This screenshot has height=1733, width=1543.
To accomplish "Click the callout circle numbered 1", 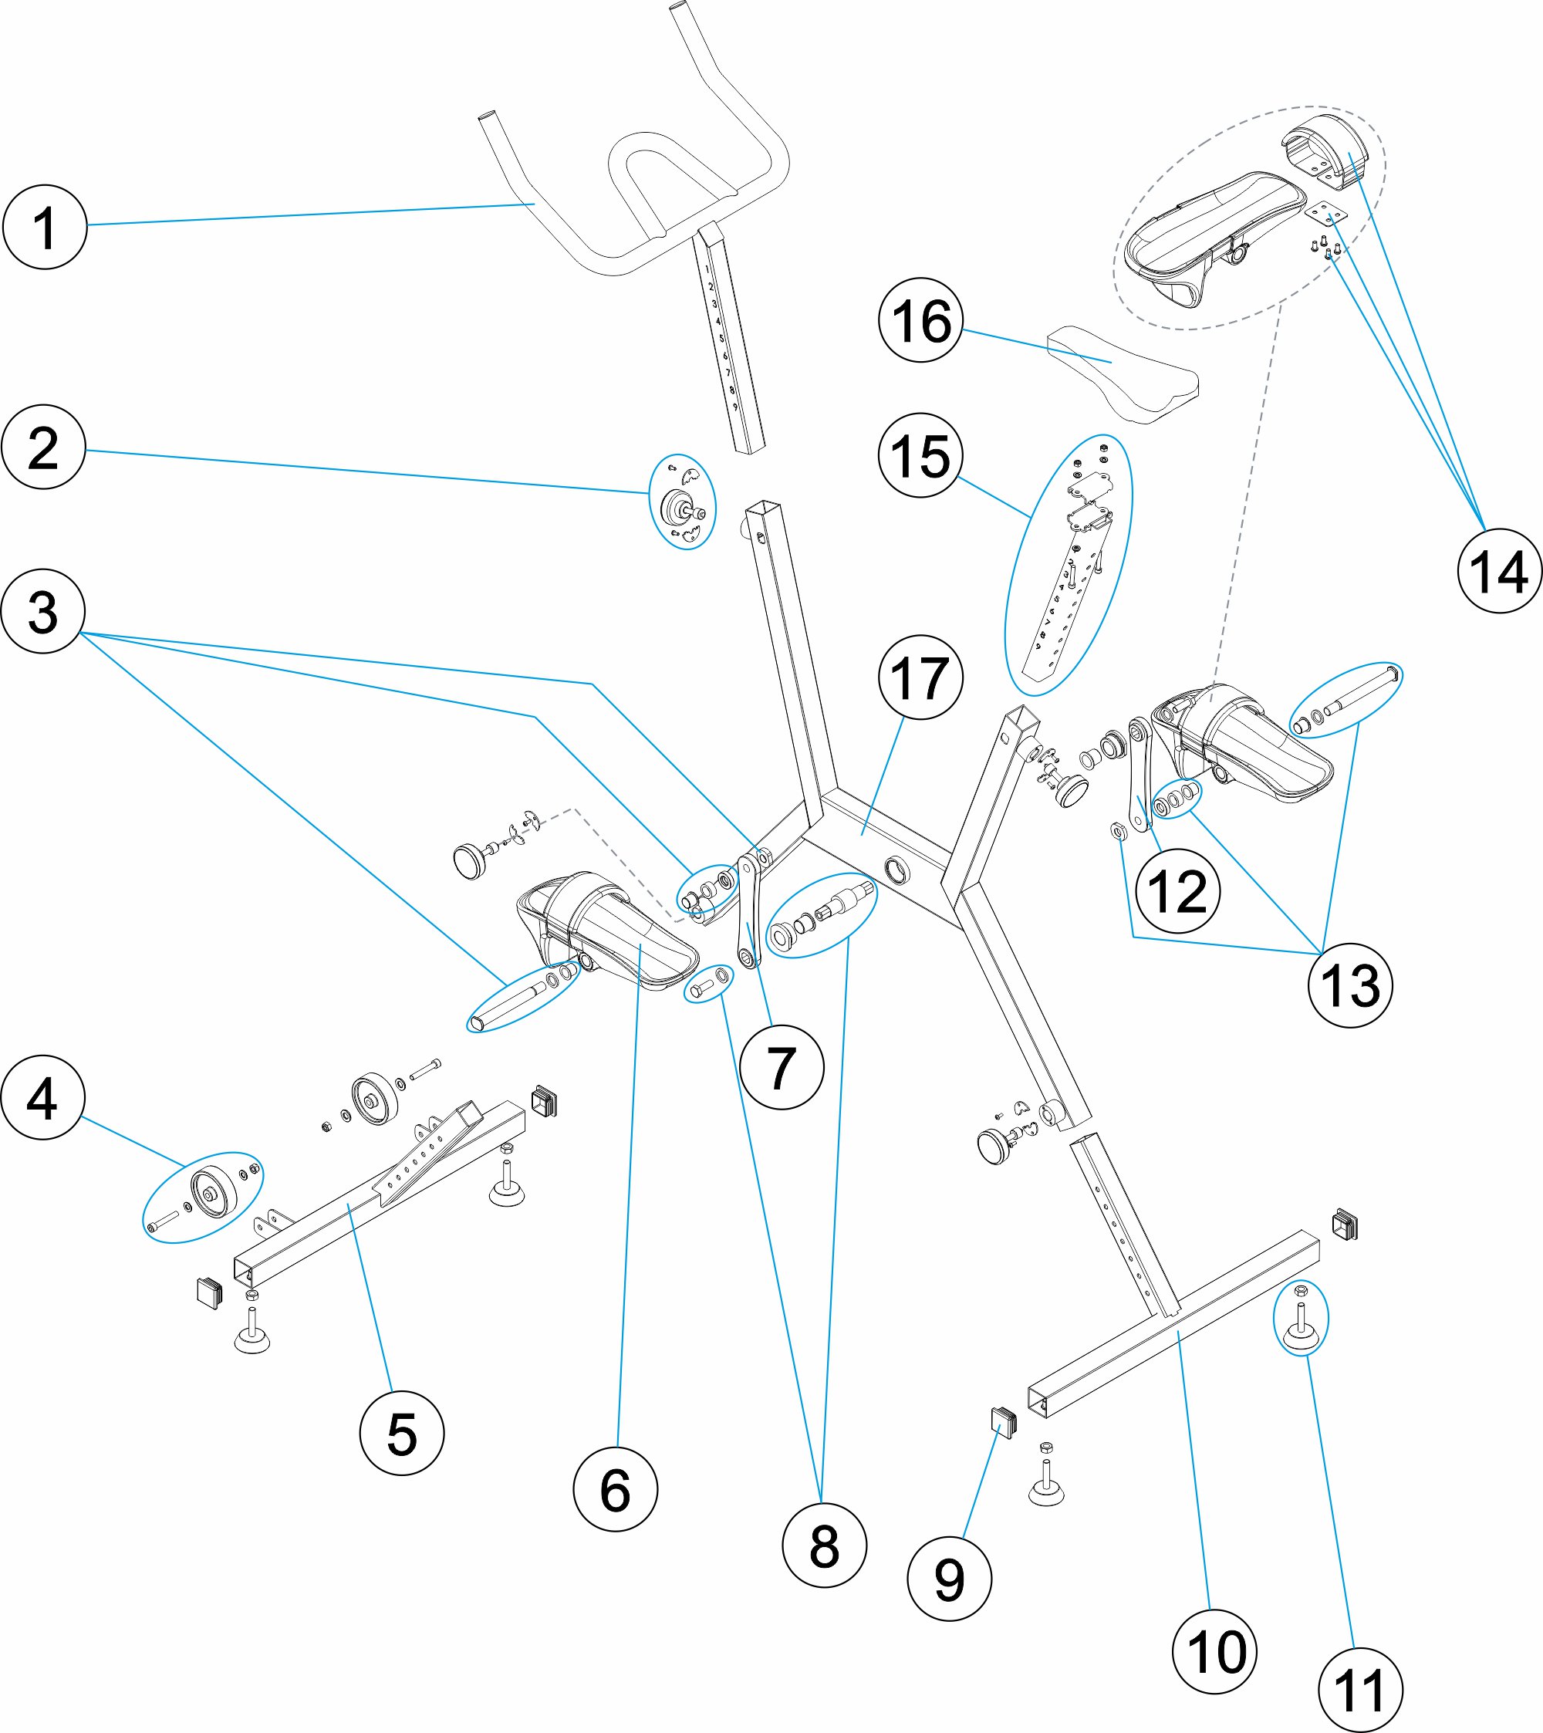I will click(45, 227).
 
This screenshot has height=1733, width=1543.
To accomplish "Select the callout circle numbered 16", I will click(920, 320).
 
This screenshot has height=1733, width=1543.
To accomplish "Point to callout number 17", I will click(920, 677).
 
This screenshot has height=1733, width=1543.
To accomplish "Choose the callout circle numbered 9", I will click(949, 1579).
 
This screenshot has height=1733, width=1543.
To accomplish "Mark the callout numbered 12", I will click(1177, 891).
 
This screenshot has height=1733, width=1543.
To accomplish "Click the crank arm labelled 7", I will click(748, 911).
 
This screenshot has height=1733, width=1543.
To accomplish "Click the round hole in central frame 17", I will click(895, 868).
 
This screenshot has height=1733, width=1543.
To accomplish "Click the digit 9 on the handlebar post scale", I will click(735, 407).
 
